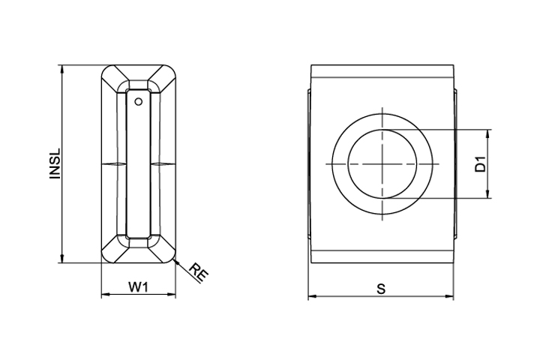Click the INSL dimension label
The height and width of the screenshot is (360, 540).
55,163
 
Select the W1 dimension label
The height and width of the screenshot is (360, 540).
139,286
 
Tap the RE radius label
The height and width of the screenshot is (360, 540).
199,271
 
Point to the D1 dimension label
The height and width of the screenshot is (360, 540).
480,164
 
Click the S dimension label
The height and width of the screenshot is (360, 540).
381,289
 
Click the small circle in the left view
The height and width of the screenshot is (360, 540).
139,102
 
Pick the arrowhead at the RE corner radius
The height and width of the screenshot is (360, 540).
178,262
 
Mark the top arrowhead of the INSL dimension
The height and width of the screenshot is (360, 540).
62,69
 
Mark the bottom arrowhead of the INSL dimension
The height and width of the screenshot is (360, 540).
62,259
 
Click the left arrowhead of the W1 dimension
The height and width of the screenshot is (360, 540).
106,295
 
